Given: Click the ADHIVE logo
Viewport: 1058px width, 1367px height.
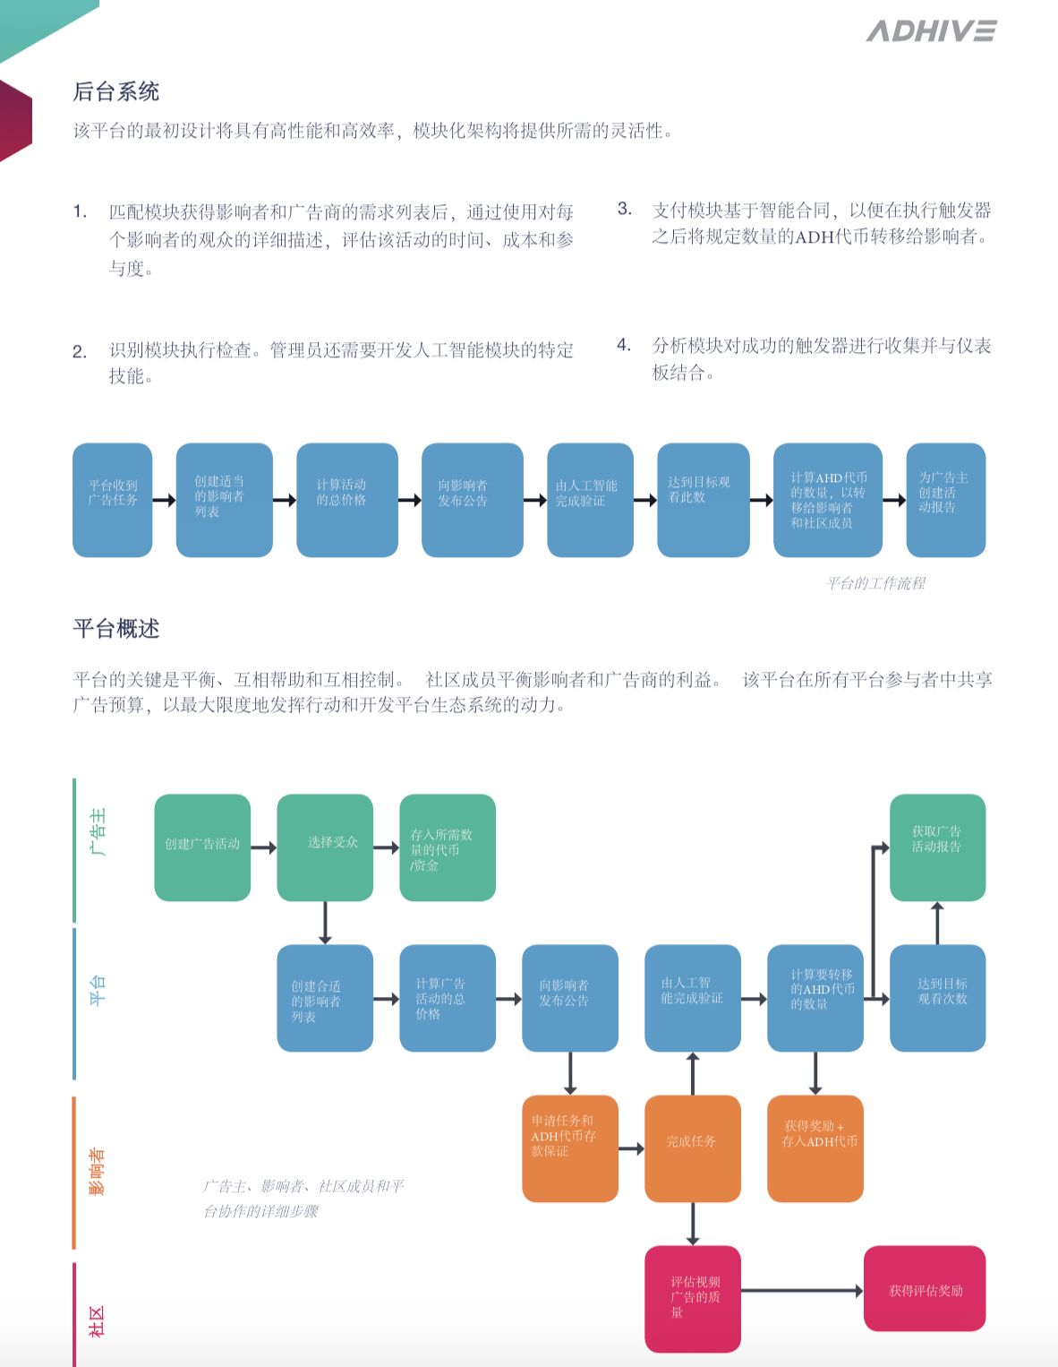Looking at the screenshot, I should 931,31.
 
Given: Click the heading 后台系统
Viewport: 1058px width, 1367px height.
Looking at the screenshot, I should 116,91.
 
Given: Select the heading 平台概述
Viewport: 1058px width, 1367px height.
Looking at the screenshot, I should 116,629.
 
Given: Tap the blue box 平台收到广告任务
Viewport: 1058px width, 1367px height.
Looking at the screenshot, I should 113,500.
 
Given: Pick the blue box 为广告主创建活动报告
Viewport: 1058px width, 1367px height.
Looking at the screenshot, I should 945,500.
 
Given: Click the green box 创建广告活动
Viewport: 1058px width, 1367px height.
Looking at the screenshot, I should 202,847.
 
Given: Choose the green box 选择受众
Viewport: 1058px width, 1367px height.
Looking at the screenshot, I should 325,847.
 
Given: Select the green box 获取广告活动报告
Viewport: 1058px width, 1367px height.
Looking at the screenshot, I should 937,847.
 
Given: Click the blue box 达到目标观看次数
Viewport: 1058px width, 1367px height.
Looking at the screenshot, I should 937,998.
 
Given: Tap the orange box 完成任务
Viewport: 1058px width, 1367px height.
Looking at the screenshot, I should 692,1148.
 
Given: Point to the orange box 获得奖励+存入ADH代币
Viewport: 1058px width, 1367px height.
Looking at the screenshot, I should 815,1148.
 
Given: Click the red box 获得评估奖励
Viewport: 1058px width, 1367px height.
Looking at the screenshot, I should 924,1290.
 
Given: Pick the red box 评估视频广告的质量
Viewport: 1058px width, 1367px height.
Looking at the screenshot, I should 692,1299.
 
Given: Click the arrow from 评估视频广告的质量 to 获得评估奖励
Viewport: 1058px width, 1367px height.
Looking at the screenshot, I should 801,1291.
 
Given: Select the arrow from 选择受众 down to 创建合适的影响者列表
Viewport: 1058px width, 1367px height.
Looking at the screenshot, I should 325,923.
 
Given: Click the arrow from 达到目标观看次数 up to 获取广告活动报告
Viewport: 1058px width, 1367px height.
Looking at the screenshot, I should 937,923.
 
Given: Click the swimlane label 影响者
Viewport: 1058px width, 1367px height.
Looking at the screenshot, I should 97,1170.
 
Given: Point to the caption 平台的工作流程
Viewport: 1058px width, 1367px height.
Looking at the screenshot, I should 875,584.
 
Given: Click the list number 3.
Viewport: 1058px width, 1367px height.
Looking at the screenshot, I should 624,210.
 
